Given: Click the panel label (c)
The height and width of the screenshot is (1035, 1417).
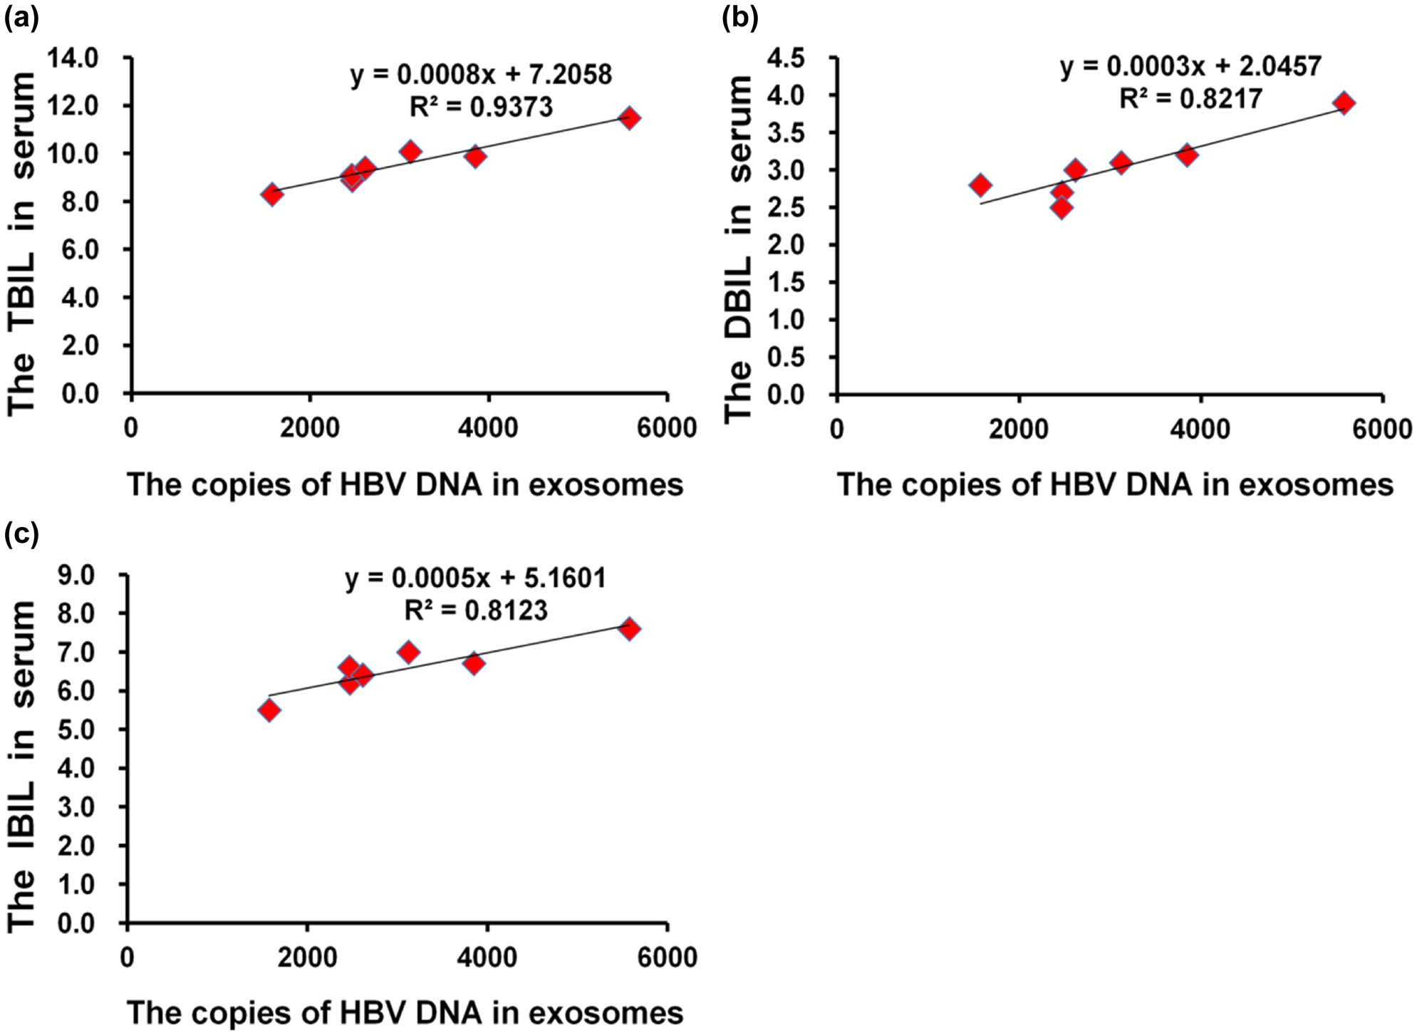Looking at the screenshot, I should pos(21,533).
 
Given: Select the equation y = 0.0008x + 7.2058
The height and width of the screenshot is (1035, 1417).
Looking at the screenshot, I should pos(481,74).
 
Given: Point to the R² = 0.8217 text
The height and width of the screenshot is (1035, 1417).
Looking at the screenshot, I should pos(1190,98).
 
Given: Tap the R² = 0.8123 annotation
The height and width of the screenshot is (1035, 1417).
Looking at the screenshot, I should pos(476,610).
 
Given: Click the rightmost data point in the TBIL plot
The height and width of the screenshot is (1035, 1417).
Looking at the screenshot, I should pos(629,118).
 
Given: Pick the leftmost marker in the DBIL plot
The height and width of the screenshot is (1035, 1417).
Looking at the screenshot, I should pos(980,185).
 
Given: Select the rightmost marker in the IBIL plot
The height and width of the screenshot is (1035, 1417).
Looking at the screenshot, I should pos(629,629).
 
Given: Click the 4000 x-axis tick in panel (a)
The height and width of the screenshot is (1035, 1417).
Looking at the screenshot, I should pos(488,429).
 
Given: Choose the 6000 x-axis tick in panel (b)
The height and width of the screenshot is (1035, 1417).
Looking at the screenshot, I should pos(1382,429).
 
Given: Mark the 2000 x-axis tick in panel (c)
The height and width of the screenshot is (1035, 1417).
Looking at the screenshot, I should pos(307,957).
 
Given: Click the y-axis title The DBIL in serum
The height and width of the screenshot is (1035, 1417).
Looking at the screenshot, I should pos(739,249).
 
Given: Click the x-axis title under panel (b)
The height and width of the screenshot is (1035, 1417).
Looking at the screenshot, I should pos(1115,485).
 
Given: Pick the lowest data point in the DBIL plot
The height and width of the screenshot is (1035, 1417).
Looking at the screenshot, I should pos(1062,208).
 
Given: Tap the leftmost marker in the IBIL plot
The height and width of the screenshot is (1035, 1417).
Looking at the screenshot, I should pos(269,710).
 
